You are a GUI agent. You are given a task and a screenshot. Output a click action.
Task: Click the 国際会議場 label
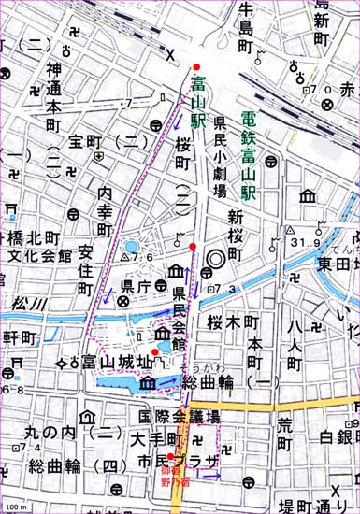[179, 416]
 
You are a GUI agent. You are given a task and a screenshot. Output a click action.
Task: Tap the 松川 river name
[22, 303]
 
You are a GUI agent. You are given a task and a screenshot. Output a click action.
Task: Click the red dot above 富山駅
[195, 66]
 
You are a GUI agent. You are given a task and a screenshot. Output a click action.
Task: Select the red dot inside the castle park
[155, 351]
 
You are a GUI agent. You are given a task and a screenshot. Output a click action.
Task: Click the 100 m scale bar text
[14, 507]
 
